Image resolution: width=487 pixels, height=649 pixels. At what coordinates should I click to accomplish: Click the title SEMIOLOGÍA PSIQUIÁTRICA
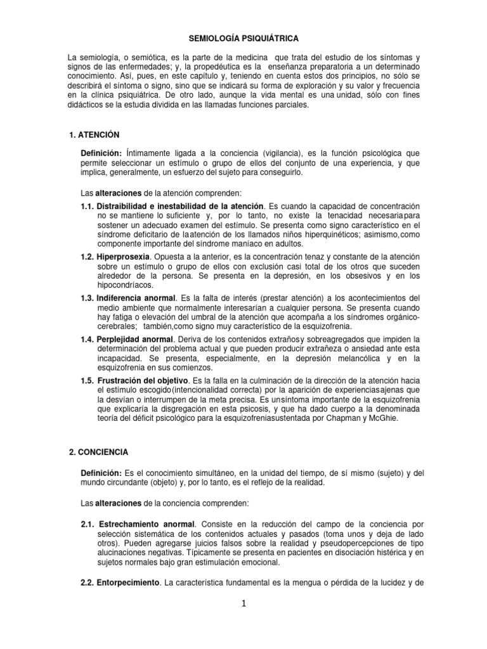click(243, 38)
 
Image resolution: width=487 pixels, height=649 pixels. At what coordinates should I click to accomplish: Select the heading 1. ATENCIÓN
click(94, 135)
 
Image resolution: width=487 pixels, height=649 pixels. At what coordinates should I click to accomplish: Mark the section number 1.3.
click(88, 298)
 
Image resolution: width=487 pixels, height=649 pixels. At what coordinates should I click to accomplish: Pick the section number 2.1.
click(88, 525)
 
